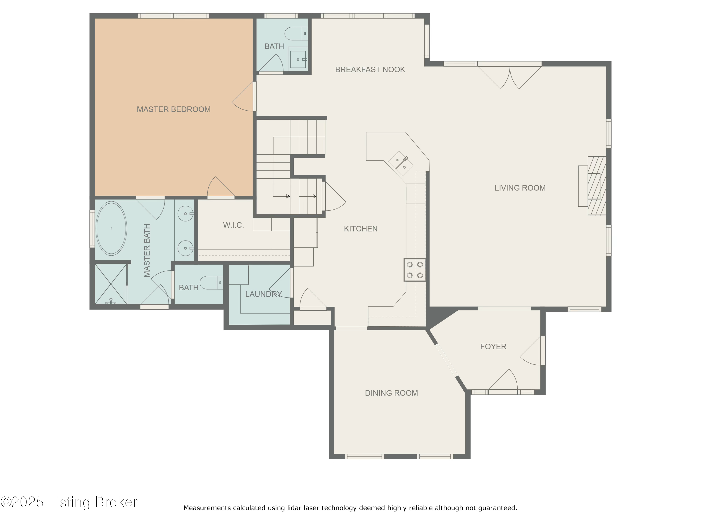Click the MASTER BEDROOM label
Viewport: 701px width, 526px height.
click(x=173, y=109)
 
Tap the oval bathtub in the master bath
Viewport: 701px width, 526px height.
click(x=111, y=228)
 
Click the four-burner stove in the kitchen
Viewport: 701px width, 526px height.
click(x=415, y=270)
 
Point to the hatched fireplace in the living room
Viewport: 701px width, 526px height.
click(x=597, y=186)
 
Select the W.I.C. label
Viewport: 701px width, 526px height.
click(x=233, y=225)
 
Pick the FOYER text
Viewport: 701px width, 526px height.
click(x=493, y=346)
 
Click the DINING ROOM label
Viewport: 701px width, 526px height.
click(x=391, y=393)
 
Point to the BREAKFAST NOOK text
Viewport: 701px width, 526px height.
click(x=370, y=69)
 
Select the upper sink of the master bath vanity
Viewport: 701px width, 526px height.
click(x=185, y=214)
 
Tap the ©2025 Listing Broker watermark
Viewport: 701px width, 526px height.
click(x=69, y=502)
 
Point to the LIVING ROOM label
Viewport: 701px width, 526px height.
click(x=520, y=188)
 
